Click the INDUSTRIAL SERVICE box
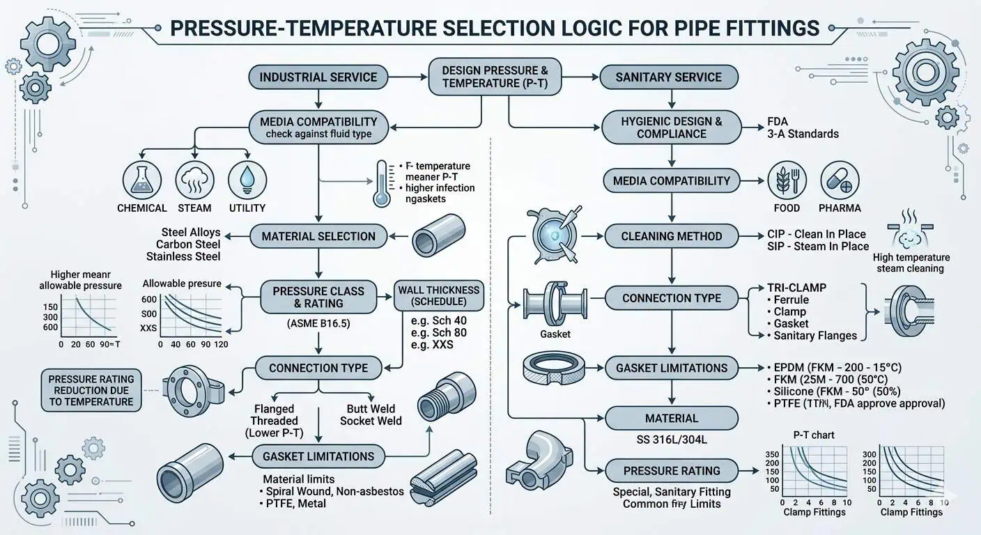click(x=318, y=77)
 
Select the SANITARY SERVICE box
click(x=668, y=77)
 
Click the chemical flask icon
click(x=142, y=179)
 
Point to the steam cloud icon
click(x=194, y=179)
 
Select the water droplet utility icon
click(x=247, y=179)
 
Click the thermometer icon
click(x=381, y=183)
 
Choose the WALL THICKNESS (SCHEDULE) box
click(x=438, y=295)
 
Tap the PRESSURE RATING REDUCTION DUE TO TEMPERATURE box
click(x=91, y=390)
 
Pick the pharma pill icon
click(x=839, y=179)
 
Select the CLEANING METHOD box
click(x=671, y=236)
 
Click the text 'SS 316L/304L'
click(x=671, y=442)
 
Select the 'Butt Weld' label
click(x=371, y=409)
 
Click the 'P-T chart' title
click(x=813, y=435)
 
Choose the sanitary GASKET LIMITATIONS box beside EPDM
click(x=671, y=368)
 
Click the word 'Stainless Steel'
click(x=183, y=256)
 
